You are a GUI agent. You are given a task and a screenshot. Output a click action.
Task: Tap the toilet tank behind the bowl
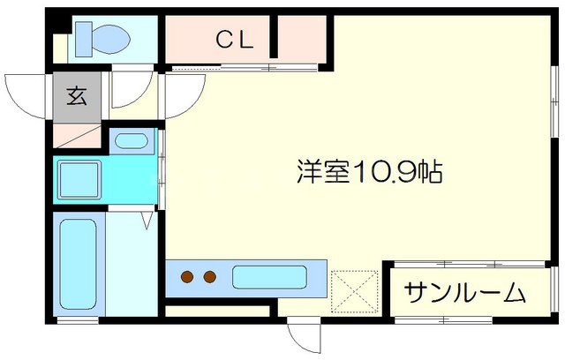click(82, 37)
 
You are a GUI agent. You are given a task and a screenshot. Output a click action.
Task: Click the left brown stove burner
click(188, 278)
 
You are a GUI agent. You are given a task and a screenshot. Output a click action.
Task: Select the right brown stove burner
click(209, 278)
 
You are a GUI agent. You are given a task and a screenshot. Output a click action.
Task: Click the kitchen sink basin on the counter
click(269, 278)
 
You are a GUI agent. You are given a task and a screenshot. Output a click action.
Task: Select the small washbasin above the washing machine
click(132, 140)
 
